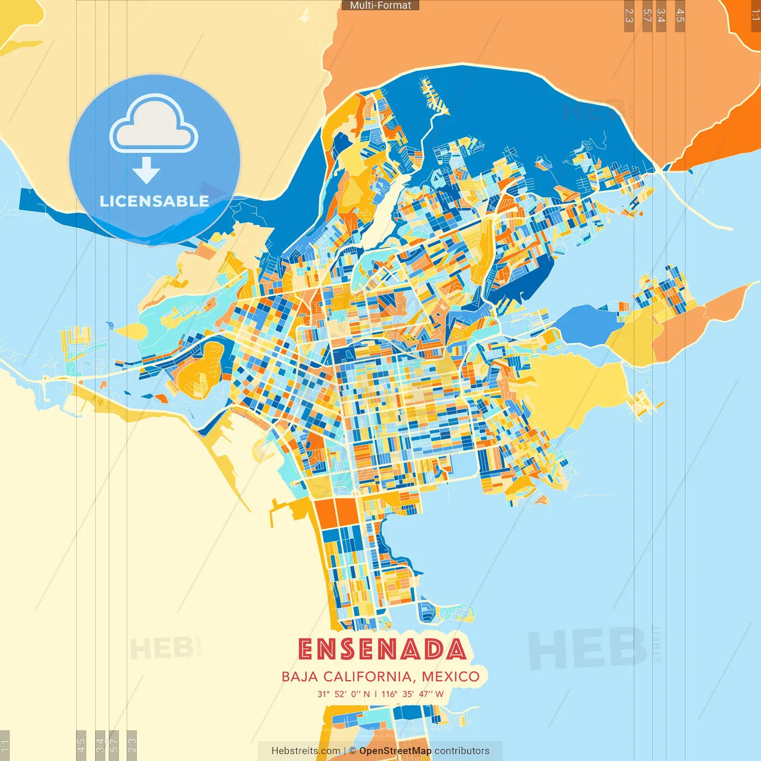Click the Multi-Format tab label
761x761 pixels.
380,5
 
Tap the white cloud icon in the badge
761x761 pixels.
154,125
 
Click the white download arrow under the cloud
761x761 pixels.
146,171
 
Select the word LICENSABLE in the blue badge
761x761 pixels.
155,202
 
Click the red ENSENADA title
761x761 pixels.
382,649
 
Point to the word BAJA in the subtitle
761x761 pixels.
300,677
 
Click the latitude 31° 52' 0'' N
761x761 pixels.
343,694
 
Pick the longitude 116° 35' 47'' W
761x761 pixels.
413,694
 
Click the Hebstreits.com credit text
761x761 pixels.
306,751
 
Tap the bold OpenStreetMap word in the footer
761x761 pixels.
395,751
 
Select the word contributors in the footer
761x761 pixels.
462,751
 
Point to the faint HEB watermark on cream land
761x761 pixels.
161,648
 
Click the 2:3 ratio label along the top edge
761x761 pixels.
629,16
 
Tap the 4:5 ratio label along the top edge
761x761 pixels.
680,16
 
